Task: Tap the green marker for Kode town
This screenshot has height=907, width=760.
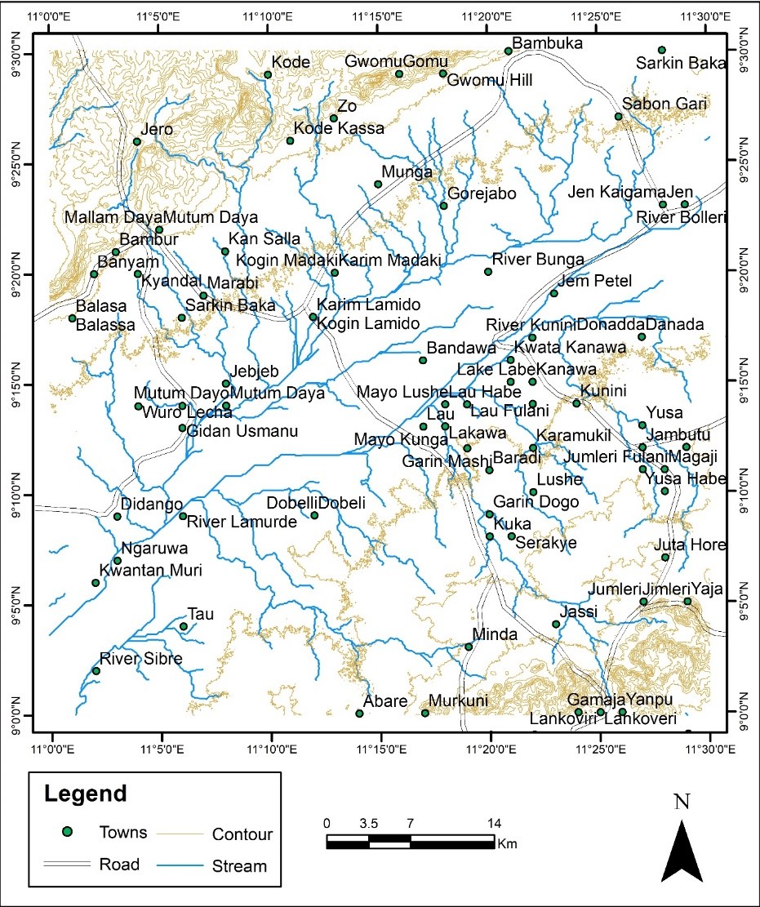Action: click(268, 74)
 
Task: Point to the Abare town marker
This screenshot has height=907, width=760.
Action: click(359, 714)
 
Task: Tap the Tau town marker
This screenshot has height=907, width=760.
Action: click(183, 626)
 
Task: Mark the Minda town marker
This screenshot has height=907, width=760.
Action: click(469, 647)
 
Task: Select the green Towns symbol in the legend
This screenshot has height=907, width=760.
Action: click(69, 832)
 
